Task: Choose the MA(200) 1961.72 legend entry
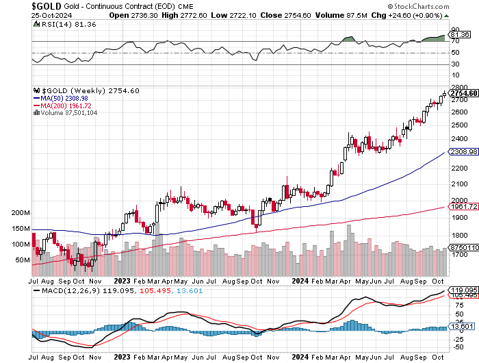(x=65, y=105)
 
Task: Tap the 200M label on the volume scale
(x=21, y=213)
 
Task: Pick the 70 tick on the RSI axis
(x=454, y=42)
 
